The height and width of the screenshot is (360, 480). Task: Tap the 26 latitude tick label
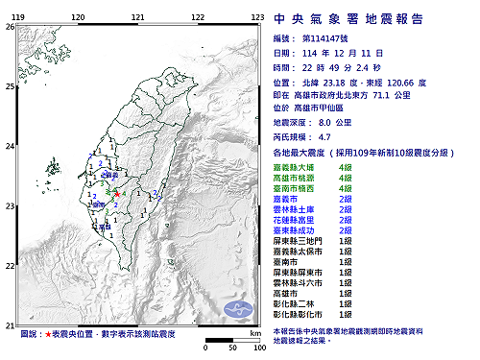(10, 27)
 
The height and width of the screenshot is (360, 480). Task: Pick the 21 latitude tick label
(10, 325)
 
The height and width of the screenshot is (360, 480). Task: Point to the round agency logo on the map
(237, 308)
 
